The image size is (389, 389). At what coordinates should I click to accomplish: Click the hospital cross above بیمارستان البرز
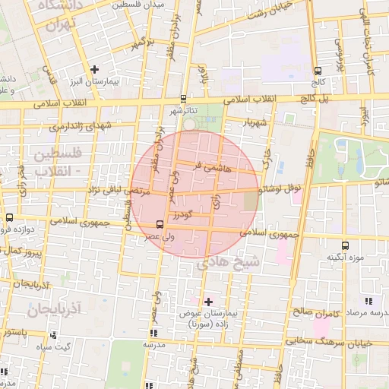[94, 69]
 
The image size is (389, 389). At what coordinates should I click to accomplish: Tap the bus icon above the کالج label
[317, 71]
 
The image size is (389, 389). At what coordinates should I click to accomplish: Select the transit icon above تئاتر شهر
[183, 98]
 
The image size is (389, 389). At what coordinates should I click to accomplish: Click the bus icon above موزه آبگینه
[346, 245]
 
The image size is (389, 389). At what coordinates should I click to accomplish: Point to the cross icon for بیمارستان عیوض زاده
[208, 302]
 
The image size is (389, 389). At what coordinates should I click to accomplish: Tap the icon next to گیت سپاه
[52, 335]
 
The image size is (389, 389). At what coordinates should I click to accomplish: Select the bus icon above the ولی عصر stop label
[160, 224]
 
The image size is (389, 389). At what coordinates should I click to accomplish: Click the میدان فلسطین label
[138, 5]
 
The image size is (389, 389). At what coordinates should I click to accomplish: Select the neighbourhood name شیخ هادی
[228, 263]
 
